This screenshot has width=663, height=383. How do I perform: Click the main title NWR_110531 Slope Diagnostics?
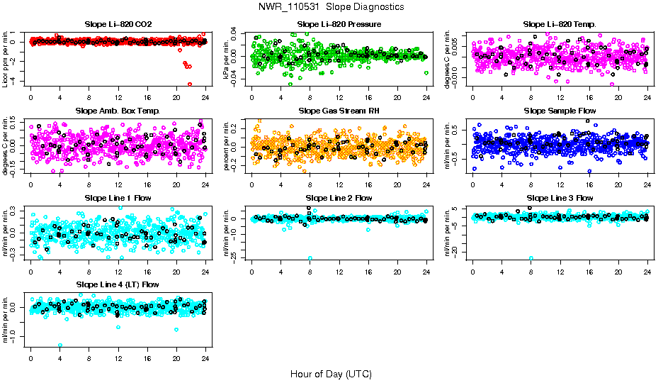pyautogui.click(x=331, y=7)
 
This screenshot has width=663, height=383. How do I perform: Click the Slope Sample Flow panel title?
pyautogui.click(x=560, y=111)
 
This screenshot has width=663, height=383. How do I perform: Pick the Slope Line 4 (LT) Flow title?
pyautogui.click(x=118, y=284)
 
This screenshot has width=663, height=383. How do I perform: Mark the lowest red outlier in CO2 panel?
pyautogui.click(x=190, y=84)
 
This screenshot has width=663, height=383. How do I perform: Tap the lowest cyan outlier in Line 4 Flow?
pyautogui.click(x=60, y=345)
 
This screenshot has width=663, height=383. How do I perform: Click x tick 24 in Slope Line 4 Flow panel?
pyautogui.click(x=205, y=358)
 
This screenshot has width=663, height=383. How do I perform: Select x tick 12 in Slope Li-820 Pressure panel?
pyautogui.click(x=339, y=98)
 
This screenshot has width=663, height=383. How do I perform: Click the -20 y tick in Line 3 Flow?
pyautogui.click(x=462, y=251)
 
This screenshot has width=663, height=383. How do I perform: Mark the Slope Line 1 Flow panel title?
pyautogui.click(x=118, y=198)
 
